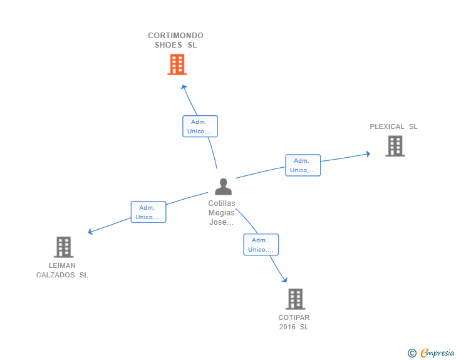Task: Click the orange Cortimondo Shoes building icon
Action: pyautogui.click(x=177, y=64)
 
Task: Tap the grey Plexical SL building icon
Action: pyautogui.click(x=395, y=146)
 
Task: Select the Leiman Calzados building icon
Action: pyautogui.click(x=63, y=247)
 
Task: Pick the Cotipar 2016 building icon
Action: pyautogui.click(x=295, y=299)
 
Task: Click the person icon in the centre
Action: pyautogui.click(x=223, y=187)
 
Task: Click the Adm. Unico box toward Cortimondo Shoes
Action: pyautogui.click(x=200, y=126)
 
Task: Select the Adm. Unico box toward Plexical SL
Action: pyautogui.click(x=303, y=165)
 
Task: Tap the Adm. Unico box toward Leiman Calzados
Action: pyautogui.click(x=148, y=212)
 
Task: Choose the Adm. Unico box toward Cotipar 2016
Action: pyautogui.click(x=261, y=245)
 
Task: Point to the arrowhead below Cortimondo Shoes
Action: pyautogui.click(x=184, y=86)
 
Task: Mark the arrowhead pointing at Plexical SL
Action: pyautogui.click(x=368, y=153)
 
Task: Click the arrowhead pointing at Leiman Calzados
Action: pyautogui.click(x=91, y=232)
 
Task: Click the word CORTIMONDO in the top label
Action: pyautogui.click(x=175, y=36)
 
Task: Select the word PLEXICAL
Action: pyautogui.click(x=387, y=126)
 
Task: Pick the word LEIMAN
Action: pyautogui.click(x=61, y=265)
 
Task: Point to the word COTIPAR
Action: pyautogui.click(x=294, y=317)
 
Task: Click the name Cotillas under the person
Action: pyautogui.click(x=222, y=203)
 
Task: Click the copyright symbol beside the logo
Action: pyautogui.click(x=412, y=354)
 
